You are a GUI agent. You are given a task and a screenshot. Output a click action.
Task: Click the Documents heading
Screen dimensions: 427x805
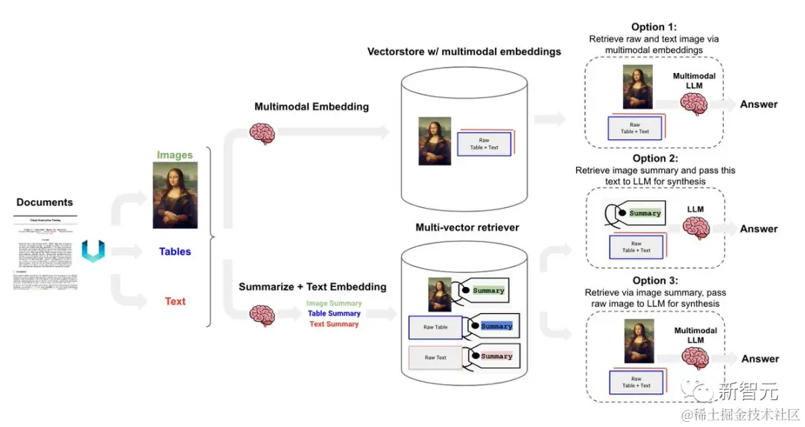coord(45,202)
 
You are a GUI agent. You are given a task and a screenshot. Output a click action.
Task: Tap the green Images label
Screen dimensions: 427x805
coord(174,155)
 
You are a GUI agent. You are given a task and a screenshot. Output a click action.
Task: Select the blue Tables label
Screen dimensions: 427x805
coord(174,252)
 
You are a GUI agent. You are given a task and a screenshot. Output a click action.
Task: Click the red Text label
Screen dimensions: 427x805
coord(175,301)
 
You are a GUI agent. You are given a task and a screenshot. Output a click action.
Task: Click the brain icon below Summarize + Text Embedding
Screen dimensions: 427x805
coord(262,314)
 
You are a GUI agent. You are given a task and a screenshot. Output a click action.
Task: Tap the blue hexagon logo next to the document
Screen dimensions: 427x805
coord(93,251)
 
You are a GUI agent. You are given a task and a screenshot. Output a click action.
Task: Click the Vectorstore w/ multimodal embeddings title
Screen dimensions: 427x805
coord(464,52)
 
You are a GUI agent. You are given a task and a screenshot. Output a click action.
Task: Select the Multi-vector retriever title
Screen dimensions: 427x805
coord(467,227)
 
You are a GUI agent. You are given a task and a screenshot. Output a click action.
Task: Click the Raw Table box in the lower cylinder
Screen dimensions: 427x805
coord(435,327)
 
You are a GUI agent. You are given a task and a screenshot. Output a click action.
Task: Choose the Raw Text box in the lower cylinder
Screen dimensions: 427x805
coord(435,358)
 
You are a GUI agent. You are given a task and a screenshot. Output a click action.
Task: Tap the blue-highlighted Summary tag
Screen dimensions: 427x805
coord(496,326)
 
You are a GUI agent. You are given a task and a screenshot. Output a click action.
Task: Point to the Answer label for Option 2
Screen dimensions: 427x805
coord(759,229)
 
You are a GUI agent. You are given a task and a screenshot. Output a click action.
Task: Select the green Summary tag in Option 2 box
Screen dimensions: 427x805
coord(645,213)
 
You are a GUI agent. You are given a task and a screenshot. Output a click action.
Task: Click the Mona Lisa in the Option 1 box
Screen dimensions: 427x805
coord(638,88)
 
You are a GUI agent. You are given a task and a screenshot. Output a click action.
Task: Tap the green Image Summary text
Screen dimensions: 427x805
coord(335,303)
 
